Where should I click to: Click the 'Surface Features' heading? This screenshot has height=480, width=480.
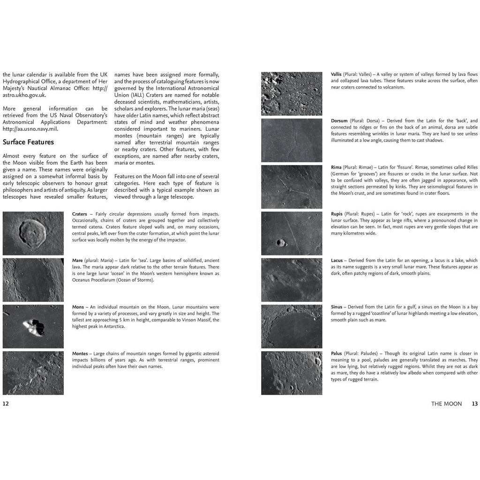point(28,142)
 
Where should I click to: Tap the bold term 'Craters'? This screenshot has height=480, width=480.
point(80,214)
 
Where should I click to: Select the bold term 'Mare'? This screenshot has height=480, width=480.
point(78,261)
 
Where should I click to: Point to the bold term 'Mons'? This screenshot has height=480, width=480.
point(78,307)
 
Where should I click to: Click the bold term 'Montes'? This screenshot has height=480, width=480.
point(80,353)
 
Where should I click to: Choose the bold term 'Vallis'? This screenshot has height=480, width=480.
point(336,75)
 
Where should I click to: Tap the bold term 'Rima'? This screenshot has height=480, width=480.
point(336,167)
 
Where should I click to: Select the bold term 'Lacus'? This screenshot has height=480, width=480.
point(337,261)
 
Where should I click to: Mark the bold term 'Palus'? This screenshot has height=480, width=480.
point(337,353)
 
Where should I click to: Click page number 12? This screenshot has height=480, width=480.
point(6,404)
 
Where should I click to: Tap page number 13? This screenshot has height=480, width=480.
point(474,404)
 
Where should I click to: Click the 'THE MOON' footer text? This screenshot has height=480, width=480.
point(446,404)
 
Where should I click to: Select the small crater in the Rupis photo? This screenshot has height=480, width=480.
point(281,242)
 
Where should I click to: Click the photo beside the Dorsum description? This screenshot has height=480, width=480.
point(292,140)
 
